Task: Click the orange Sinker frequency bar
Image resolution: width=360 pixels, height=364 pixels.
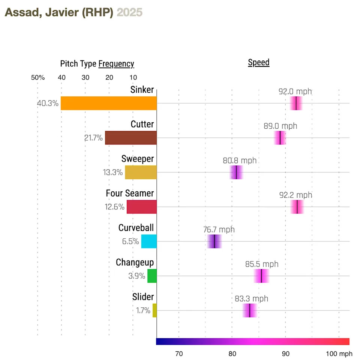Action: [x=109, y=103]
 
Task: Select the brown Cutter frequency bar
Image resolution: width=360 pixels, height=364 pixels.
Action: [x=131, y=138]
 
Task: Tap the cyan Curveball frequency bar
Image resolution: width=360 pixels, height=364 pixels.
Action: [x=149, y=241]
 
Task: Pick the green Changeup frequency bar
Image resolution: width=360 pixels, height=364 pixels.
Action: [x=152, y=276]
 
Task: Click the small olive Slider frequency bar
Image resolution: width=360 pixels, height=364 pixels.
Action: [x=154, y=310]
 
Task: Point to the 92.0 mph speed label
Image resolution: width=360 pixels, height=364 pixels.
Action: [x=295, y=91]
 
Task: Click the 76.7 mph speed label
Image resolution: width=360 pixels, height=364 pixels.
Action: [x=219, y=229]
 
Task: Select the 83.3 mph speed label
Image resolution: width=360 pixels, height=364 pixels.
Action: [x=252, y=299]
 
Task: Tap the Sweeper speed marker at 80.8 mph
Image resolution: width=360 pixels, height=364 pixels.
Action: [x=237, y=172]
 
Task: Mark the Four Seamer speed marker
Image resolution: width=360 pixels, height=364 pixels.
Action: [x=297, y=207]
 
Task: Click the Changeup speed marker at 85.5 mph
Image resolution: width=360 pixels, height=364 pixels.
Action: [x=261, y=276]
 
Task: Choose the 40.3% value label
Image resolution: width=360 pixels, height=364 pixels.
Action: [x=48, y=104]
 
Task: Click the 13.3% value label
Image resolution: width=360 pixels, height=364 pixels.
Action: [x=113, y=173]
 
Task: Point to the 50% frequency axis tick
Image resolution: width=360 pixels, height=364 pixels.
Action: [x=37, y=78]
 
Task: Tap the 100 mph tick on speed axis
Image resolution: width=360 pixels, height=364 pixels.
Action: [x=339, y=353]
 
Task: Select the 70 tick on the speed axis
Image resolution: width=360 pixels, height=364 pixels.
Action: [x=179, y=353]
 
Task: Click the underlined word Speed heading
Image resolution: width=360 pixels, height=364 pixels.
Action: [x=259, y=62]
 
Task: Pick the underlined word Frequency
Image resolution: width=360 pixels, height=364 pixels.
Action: [x=116, y=64]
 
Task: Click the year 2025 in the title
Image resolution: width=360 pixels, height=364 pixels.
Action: [x=130, y=12]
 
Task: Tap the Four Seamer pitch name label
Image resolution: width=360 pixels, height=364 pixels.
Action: [x=130, y=193]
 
